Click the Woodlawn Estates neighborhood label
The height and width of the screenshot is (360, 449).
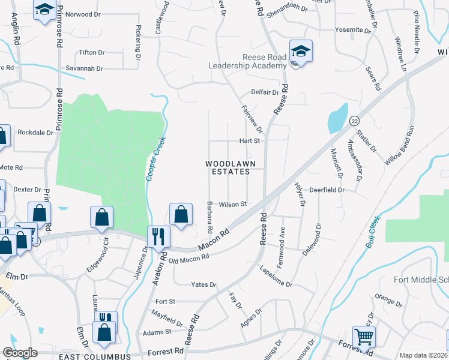(x=228, y=167)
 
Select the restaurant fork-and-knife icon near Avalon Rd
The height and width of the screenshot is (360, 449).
(x=159, y=236)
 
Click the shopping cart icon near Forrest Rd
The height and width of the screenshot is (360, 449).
(x=364, y=337)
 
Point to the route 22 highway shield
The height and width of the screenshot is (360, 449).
(x=354, y=121)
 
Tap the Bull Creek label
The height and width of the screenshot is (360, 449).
(x=373, y=233)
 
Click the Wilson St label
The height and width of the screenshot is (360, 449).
(x=233, y=204)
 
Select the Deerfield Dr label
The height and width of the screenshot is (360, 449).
(x=327, y=190)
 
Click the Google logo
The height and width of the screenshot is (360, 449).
(x=20, y=353)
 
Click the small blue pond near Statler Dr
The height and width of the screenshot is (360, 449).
(x=338, y=118)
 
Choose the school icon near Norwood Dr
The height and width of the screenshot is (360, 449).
(x=44, y=11)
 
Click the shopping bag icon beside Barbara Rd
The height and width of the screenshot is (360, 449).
(x=181, y=214)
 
